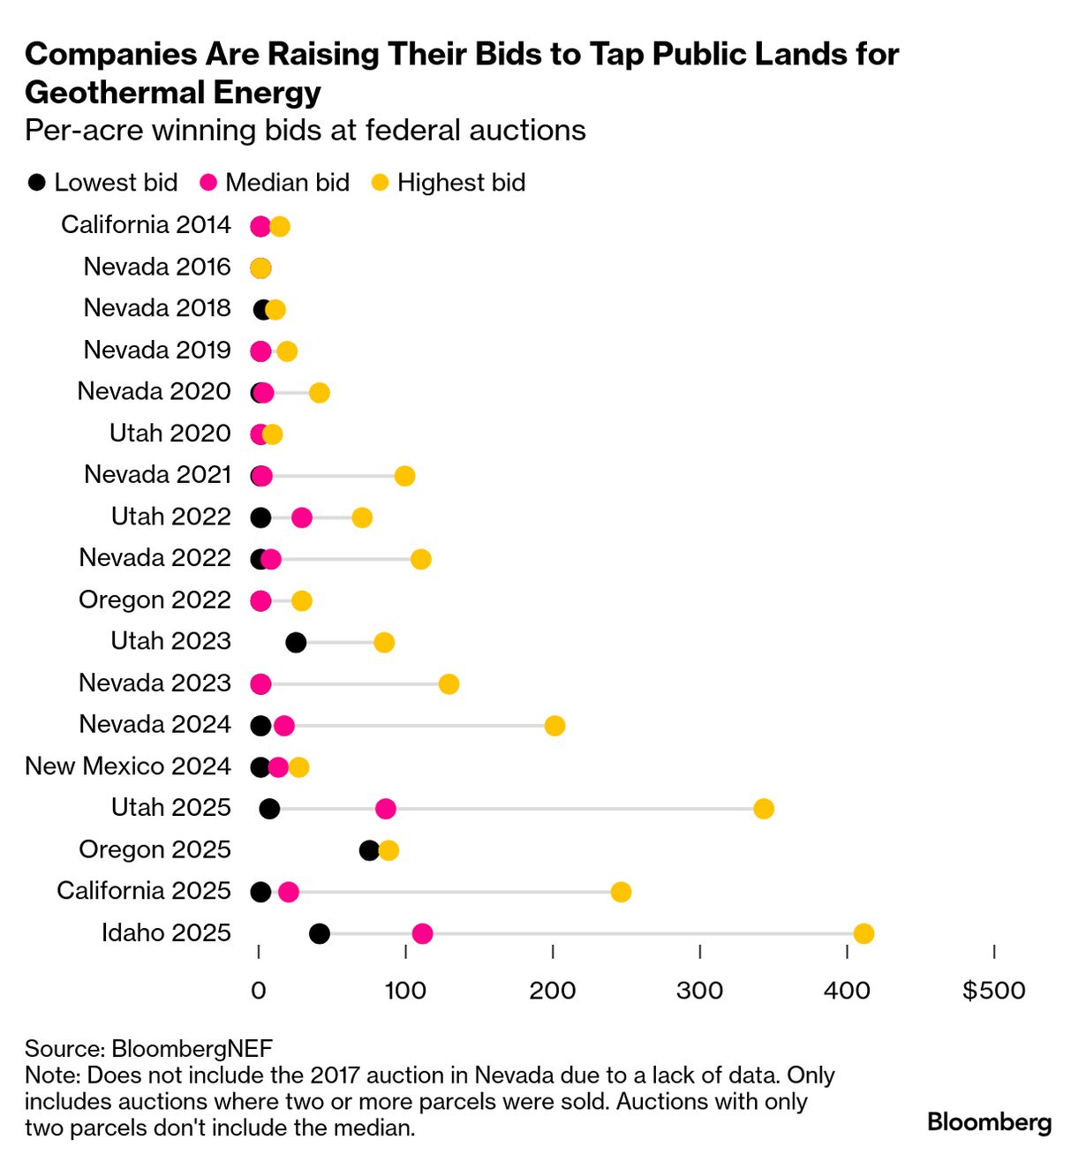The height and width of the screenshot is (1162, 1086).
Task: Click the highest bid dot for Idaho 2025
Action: (x=864, y=934)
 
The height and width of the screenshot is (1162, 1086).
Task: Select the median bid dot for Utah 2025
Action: (x=385, y=809)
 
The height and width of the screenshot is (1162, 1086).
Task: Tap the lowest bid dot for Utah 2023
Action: (x=296, y=643)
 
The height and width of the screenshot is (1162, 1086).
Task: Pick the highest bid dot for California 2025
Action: (x=621, y=892)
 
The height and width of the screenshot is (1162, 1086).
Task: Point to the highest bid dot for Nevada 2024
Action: (x=554, y=726)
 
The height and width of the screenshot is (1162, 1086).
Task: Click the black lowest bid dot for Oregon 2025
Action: (x=369, y=850)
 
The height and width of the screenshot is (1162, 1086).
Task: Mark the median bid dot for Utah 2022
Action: (x=301, y=517)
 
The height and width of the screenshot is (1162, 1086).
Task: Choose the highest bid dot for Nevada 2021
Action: (x=404, y=476)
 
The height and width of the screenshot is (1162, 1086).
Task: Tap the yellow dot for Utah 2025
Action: (x=764, y=809)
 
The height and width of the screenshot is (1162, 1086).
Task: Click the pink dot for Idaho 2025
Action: (x=422, y=934)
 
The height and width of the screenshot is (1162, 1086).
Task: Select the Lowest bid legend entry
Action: (x=102, y=183)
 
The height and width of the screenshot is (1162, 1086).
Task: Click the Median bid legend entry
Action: (x=275, y=183)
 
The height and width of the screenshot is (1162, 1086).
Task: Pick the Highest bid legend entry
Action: (x=449, y=183)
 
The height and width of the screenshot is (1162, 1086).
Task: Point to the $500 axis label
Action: (x=993, y=991)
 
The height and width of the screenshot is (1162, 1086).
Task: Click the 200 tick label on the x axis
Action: (x=553, y=991)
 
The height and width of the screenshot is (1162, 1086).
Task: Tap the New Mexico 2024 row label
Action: (x=128, y=766)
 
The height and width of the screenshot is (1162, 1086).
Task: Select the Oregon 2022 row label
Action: (x=155, y=600)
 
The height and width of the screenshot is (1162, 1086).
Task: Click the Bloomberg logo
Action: (x=989, y=1122)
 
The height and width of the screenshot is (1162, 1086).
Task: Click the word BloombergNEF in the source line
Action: (x=192, y=1049)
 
